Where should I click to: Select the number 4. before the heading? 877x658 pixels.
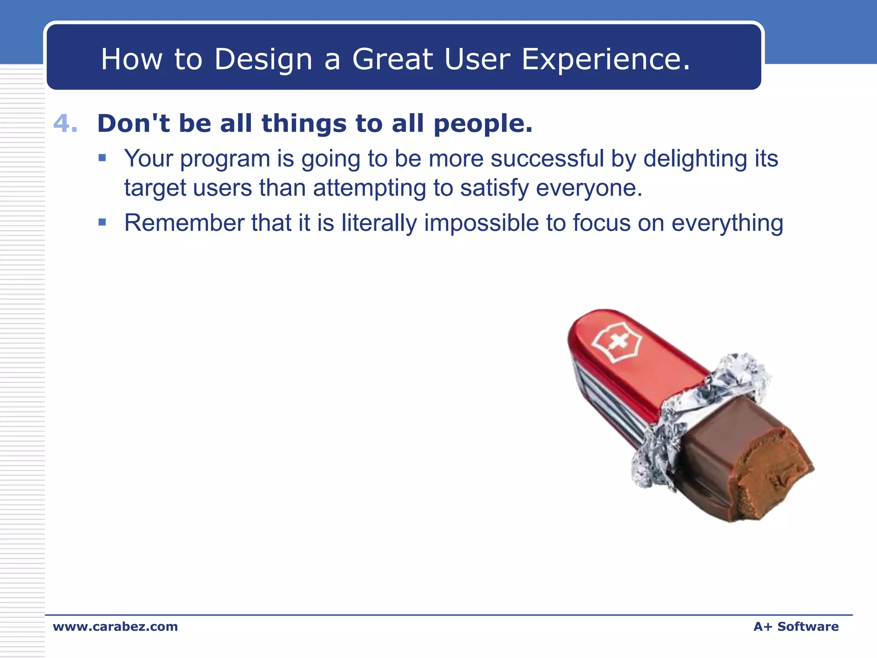(x=66, y=123)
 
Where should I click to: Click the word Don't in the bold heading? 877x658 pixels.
(x=133, y=123)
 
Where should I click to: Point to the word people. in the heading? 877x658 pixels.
(x=483, y=123)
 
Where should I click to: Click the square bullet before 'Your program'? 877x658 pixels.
(x=102, y=158)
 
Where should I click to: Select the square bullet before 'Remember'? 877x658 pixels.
(x=102, y=222)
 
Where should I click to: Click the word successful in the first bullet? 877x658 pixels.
(x=547, y=159)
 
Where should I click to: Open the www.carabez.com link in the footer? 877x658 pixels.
(x=115, y=626)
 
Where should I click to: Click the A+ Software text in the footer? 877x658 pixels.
(x=796, y=626)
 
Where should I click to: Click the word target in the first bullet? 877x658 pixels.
(x=155, y=188)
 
